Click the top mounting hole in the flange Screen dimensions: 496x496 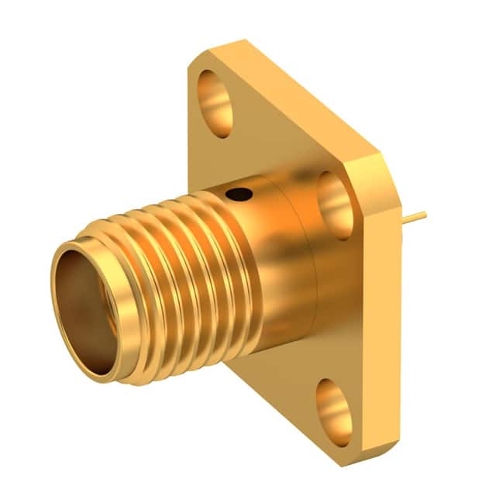(x=215, y=103)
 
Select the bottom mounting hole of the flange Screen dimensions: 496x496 (x=334, y=408)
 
